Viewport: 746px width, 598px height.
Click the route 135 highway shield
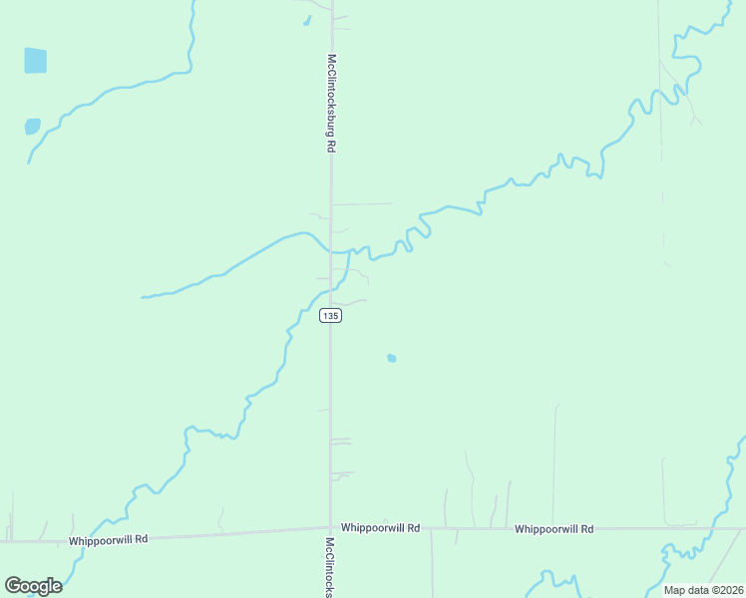pyautogui.click(x=331, y=315)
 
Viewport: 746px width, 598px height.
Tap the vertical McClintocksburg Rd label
pyautogui.click(x=331, y=102)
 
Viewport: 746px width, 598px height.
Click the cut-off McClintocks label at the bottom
pyautogui.click(x=329, y=567)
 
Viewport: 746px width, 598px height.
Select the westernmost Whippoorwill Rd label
pyautogui.click(x=108, y=539)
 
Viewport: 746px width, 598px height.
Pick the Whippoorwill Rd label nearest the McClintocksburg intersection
pyautogui.click(x=380, y=527)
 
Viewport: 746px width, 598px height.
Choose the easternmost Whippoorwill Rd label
pyautogui.click(x=554, y=529)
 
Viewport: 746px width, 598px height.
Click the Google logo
pyautogui.click(x=33, y=585)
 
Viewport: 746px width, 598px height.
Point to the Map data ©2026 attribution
pyautogui.click(x=702, y=590)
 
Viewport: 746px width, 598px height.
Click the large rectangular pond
pyautogui.click(x=35, y=61)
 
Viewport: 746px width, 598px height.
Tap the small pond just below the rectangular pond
pyautogui.click(x=33, y=127)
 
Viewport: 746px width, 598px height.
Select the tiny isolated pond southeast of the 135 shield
pyautogui.click(x=392, y=358)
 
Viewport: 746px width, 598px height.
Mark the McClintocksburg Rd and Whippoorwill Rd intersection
pyautogui.click(x=330, y=528)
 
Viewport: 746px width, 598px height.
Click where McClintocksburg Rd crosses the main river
pyautogui.click(x=331, y=250)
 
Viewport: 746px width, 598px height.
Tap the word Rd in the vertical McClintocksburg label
pyautogui.click(x=331, y=145)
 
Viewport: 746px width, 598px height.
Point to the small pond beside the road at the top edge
pyautogui.click(x=307, y=20)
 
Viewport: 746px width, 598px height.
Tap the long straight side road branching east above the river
pyautogui.click(x=361, y=204)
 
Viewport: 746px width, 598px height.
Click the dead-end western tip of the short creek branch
pyautogui.click(x=143, y=297)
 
